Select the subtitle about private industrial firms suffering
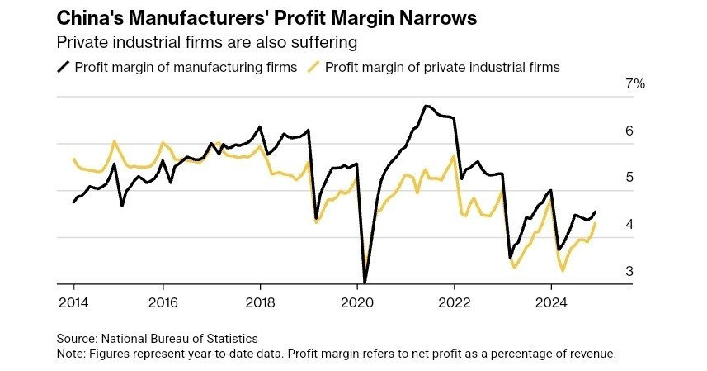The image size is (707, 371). pyautogui.click(x=211, y=41)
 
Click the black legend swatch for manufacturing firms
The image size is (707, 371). pyautogui.click(x=63, y=67)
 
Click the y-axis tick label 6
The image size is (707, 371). pyautogui.click(x=629, y=131)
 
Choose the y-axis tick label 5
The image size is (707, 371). pyautogui.click(x=629, y=177)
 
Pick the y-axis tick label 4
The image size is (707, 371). pyautogui.click(x=629, y=224)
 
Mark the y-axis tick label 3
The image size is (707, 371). pyautogui.click(x=629, y=271)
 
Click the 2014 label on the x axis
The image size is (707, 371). pyautogui.click(x=73, y=302)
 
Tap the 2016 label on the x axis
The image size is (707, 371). pyautogui.click(x=163, y=302)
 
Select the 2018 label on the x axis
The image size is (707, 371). pyautogui.click(x=262, y=302)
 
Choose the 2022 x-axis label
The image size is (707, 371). pyautogui.click(x=455, y=302)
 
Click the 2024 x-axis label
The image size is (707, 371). pyautogui.click(x=552, y=302)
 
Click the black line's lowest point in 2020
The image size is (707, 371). pyautogui.click(x=365, y=282)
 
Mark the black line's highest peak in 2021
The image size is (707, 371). pyautogui.click(x=426, y=106)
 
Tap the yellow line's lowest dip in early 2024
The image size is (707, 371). pyautogui.click(x=563, y=270)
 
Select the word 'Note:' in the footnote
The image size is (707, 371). pyautogui.click(x=72, y=354)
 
